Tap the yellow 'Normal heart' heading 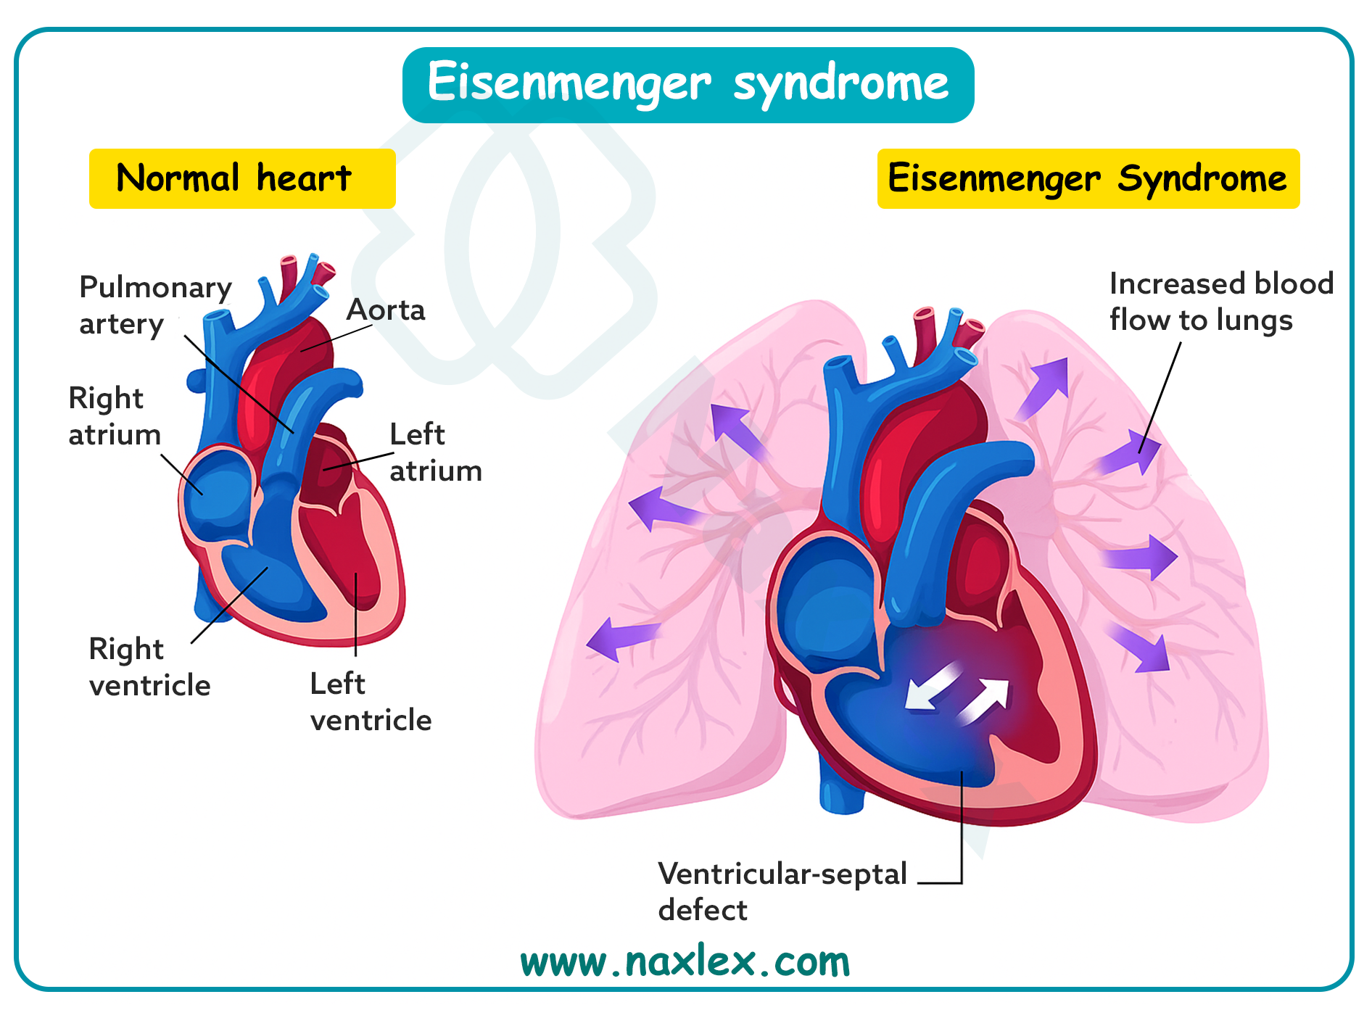[241, 178]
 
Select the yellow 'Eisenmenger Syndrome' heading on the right [1088, 178]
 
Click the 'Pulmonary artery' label [154, 305]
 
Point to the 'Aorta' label [386, 310]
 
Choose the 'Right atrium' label [114, 416]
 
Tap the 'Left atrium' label [435, 452]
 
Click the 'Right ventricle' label [149, 667]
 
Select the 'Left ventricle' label [371, 702]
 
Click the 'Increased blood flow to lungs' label [1221, 302]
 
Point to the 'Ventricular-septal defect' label [782, 891]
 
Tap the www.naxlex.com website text [685, 962]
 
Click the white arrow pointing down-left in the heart [930, 687]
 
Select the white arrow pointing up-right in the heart [985, 700]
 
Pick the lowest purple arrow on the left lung [621, 638]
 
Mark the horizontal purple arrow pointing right [1139, 558]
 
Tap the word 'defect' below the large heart [702, 910]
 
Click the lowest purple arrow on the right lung [1142, 647]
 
